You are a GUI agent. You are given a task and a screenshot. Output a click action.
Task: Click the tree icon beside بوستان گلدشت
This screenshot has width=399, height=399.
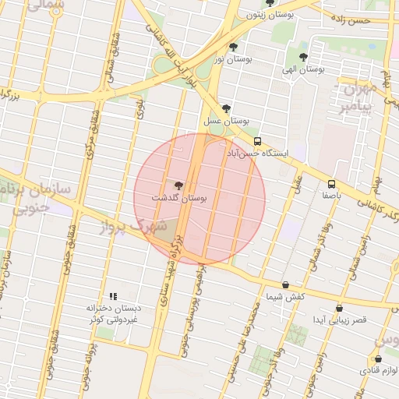(179, 185)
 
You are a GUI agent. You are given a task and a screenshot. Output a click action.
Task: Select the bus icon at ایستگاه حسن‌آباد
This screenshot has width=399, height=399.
(257, 141)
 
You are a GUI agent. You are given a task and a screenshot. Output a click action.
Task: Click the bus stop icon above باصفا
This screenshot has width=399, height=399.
(331, 185)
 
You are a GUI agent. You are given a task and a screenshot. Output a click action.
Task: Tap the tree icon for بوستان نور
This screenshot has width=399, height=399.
(233, 48)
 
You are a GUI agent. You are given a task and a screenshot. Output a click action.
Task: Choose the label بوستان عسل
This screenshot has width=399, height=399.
(226, 122)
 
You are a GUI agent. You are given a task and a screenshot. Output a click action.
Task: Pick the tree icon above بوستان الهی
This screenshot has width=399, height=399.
(303, 56)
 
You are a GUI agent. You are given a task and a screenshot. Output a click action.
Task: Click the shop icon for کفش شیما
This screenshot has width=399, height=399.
(285, 284)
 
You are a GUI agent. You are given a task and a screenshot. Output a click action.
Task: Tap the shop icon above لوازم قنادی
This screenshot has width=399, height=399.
(379, 358)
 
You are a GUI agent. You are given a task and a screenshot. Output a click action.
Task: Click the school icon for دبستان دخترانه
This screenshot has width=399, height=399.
(113, 296)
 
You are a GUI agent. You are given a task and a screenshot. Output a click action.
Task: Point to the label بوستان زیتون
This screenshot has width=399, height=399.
(269, 15)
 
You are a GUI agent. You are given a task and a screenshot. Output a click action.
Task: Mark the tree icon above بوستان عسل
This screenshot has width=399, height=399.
(226, 108)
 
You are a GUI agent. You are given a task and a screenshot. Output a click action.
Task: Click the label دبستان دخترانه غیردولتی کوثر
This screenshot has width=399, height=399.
(113, 314)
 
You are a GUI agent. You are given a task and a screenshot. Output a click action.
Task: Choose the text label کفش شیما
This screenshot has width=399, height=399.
(285, 297)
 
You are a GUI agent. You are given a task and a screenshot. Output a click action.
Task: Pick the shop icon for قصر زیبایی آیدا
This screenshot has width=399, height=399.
(339, 308)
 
